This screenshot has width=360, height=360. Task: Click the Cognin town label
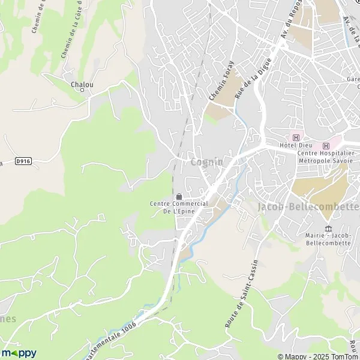(206, 163)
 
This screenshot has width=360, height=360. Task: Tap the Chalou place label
(82, 85)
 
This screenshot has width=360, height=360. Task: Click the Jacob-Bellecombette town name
(308, 206)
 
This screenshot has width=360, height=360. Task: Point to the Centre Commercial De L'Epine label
(179, 208)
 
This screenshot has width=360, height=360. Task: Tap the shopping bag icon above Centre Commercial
(179, 196)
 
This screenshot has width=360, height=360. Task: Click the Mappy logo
(19, 353)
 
